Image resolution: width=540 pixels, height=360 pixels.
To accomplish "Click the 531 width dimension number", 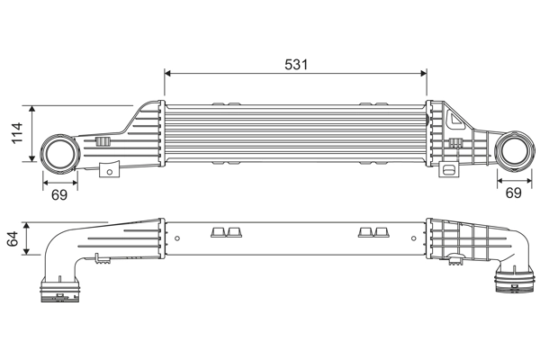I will coord(296,64).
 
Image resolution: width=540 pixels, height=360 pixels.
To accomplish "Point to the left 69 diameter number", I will coord(59,194).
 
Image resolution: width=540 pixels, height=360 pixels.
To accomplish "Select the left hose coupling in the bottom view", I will coord(59,292).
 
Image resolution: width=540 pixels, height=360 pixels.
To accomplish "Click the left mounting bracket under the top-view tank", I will coord(111,168).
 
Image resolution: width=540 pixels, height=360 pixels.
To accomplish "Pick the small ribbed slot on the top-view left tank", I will coord(103,142).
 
